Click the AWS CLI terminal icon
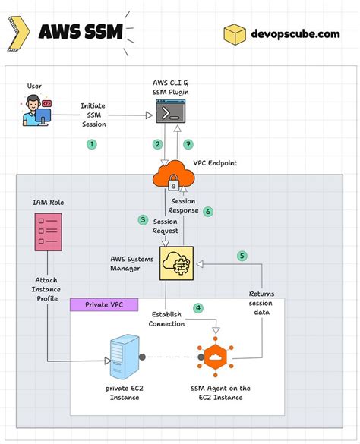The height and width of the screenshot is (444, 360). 172,114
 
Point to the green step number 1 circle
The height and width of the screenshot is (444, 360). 92,143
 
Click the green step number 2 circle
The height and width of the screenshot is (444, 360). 158,144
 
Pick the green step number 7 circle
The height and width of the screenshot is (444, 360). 189,144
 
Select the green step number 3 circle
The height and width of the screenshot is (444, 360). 142,220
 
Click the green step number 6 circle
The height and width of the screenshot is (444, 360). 207,212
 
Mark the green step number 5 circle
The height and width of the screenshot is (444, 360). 242,256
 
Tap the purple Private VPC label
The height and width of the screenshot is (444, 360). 104,304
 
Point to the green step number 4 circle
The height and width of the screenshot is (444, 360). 198,308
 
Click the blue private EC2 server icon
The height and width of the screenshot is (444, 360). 123,357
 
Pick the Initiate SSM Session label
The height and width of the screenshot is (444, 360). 93,115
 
